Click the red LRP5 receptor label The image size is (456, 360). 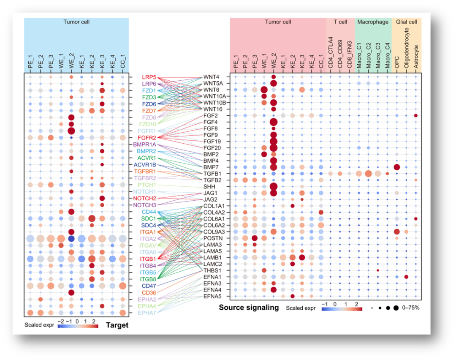pyautogui.click(x=149, y=77)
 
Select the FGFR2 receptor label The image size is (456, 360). pyautogui.click(x=149, y=138)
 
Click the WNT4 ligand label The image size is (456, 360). pyautogui.click(x=211, y=77)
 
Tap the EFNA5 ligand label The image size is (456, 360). pyautogui.click(x=212, y=297)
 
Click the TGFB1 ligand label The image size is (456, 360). pyautogui.click(x=212, y=174)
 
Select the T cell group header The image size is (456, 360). pyautogui.click(x=340, y=22)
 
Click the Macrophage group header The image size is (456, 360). pyautogui.click(x=372, y=22)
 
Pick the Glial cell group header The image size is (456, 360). pyautogui.click(x=407, y=22)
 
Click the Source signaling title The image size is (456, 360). pyautogui.click(x=249, y=308)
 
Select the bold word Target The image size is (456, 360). pyautogui.click(x=117, y=325)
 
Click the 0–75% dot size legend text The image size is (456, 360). pyautogui.click(x=411, y=308)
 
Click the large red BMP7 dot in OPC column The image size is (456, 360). pyautogui.click(x=396, y=167)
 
